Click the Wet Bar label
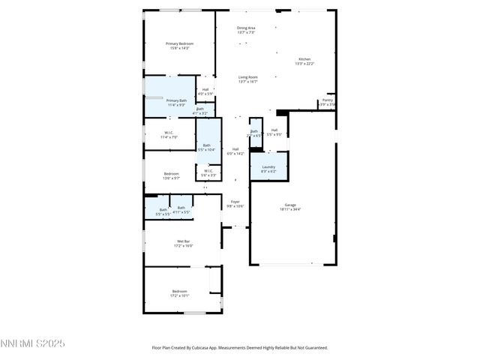(183, 241)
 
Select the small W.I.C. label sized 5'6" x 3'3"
(208, 171)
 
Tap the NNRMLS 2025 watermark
(33, 343)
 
